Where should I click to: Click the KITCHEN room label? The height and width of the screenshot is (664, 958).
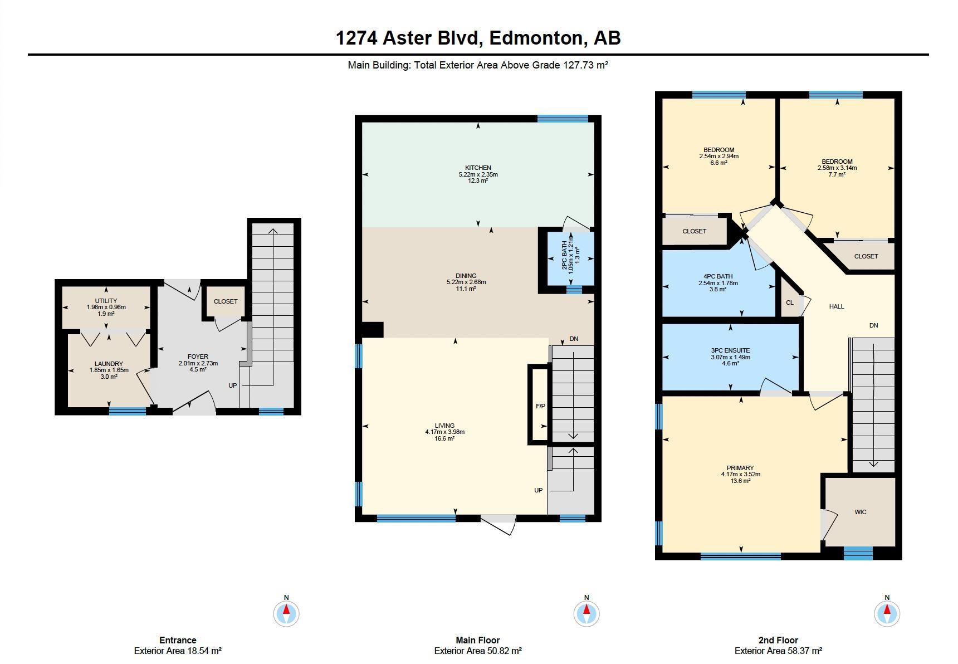[478, 168]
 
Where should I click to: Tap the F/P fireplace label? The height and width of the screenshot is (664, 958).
[540, 406]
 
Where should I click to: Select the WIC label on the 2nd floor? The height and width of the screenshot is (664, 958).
[861, 512]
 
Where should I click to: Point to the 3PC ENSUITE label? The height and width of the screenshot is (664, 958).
[730, 350]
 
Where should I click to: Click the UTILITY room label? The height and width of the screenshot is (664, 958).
[106, 301]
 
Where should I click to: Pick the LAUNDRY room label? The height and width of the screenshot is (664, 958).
[109, 364]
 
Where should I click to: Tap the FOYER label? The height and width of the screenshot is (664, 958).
[198, 357]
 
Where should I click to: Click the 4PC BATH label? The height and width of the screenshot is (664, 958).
[718, 276]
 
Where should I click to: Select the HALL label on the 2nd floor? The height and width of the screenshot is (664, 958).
[837, 306]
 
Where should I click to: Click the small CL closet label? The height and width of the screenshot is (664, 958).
[790, 303]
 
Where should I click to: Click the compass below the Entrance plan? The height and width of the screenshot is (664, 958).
[286, 613]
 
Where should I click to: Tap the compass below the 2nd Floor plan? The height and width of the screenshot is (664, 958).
[887, 613]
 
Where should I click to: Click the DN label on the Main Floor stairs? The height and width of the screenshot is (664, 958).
[574, 339]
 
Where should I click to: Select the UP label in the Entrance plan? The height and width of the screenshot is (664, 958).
[232, 385]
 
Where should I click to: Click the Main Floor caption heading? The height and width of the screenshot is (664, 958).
[478, 640]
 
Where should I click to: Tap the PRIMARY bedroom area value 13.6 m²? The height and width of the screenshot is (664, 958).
[740, 481]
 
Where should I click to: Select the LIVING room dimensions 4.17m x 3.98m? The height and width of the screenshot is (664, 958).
[444, 432]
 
